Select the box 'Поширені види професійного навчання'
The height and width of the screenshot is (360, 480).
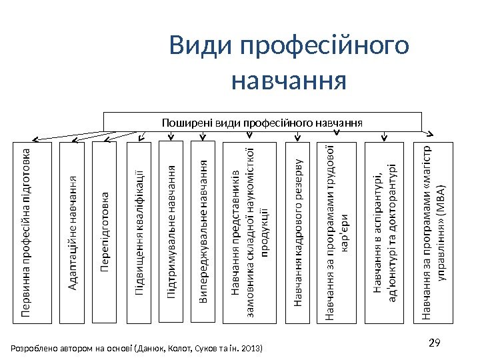pyautogui.click(x=263, y=122)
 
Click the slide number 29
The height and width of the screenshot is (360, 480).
pyautogui.click(x=435, y=344)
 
